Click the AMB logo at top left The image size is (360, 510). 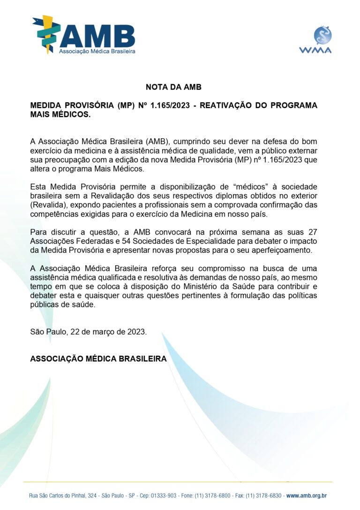tap(83, 35)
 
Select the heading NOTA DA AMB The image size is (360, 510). tap(173, 87)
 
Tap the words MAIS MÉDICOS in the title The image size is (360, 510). tap(60, 114)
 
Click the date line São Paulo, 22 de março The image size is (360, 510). tap(88, 332)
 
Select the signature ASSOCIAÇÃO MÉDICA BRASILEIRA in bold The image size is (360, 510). tap(98, 358)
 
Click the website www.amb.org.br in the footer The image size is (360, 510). tap(306, 495)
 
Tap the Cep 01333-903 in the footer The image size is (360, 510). tap(160, 495)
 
